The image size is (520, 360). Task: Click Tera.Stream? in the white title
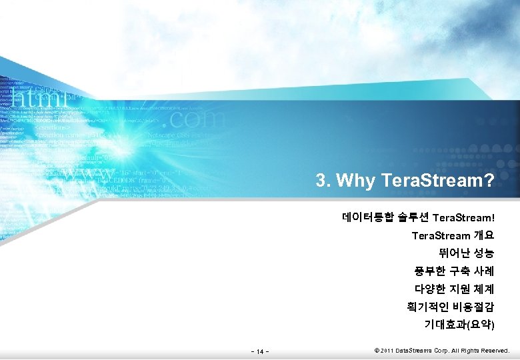[x=438, y=181]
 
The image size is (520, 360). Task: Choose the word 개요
[x=484, y=235]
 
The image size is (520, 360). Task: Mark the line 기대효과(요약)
[x=459, y=325]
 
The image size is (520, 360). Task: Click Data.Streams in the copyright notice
[x=413, y=350]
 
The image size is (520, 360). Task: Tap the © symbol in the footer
[x=377, y=350]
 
